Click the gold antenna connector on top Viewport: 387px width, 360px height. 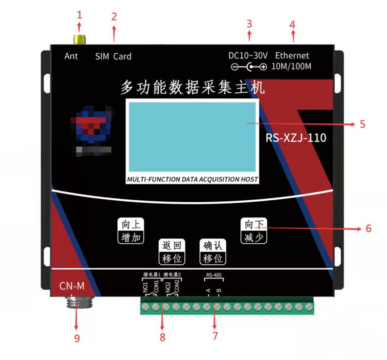[x=79, y=39]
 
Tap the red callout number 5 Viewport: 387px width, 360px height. [x=362, y=124]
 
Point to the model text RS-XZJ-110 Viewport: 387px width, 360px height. [x=296, y=138]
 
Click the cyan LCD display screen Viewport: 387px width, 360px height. [x=192, y=136]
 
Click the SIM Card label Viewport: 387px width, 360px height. [x=113, y=56]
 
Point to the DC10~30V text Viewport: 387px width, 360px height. [x=248, y=56]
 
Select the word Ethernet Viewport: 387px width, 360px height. [x=292, y=56]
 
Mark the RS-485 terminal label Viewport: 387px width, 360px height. [x=214, y=275]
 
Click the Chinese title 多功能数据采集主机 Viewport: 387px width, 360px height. [x=193, y=87]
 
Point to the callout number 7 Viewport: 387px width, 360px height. [x=215, y=336]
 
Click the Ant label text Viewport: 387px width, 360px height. [x=71, y=56]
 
